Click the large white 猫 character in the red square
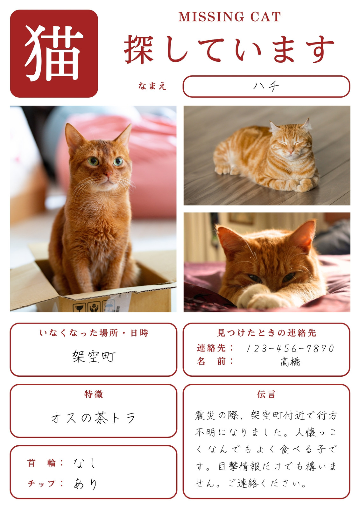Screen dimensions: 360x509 [x=54, y=53]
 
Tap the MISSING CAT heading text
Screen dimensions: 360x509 [x=229, y=17]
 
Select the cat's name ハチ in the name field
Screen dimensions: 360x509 [x=266, y=86]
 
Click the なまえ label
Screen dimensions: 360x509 [x=152, y=86]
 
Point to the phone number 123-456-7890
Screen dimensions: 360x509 [x=290, y=348]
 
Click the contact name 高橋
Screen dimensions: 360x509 [x=291, y=362]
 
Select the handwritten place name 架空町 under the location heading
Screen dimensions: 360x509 [x=94, y=356]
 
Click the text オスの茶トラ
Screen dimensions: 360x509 [x=93, y=418]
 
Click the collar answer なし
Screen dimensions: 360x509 [x=85, y=463]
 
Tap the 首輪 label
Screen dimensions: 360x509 [x=41, y=463]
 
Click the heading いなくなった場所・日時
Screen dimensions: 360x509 [x=94, y=333]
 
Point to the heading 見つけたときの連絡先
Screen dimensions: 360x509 [x=266, y=333]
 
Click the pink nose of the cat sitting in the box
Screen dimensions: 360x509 [x=109, y=174]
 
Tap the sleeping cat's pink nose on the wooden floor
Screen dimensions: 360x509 [x=291, y=151]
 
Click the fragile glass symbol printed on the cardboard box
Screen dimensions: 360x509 [x=79, y=308]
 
